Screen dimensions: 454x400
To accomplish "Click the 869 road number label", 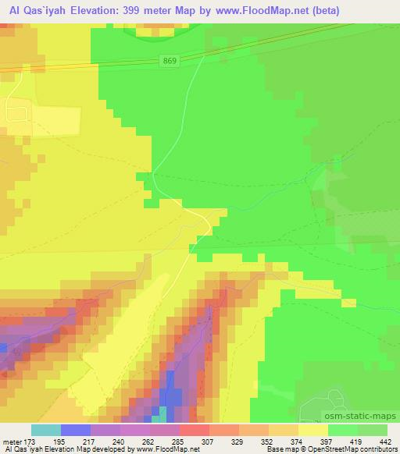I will [170, 60].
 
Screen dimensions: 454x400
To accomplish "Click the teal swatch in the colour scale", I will [45, 430].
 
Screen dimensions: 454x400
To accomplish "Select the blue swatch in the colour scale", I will [76, 430].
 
